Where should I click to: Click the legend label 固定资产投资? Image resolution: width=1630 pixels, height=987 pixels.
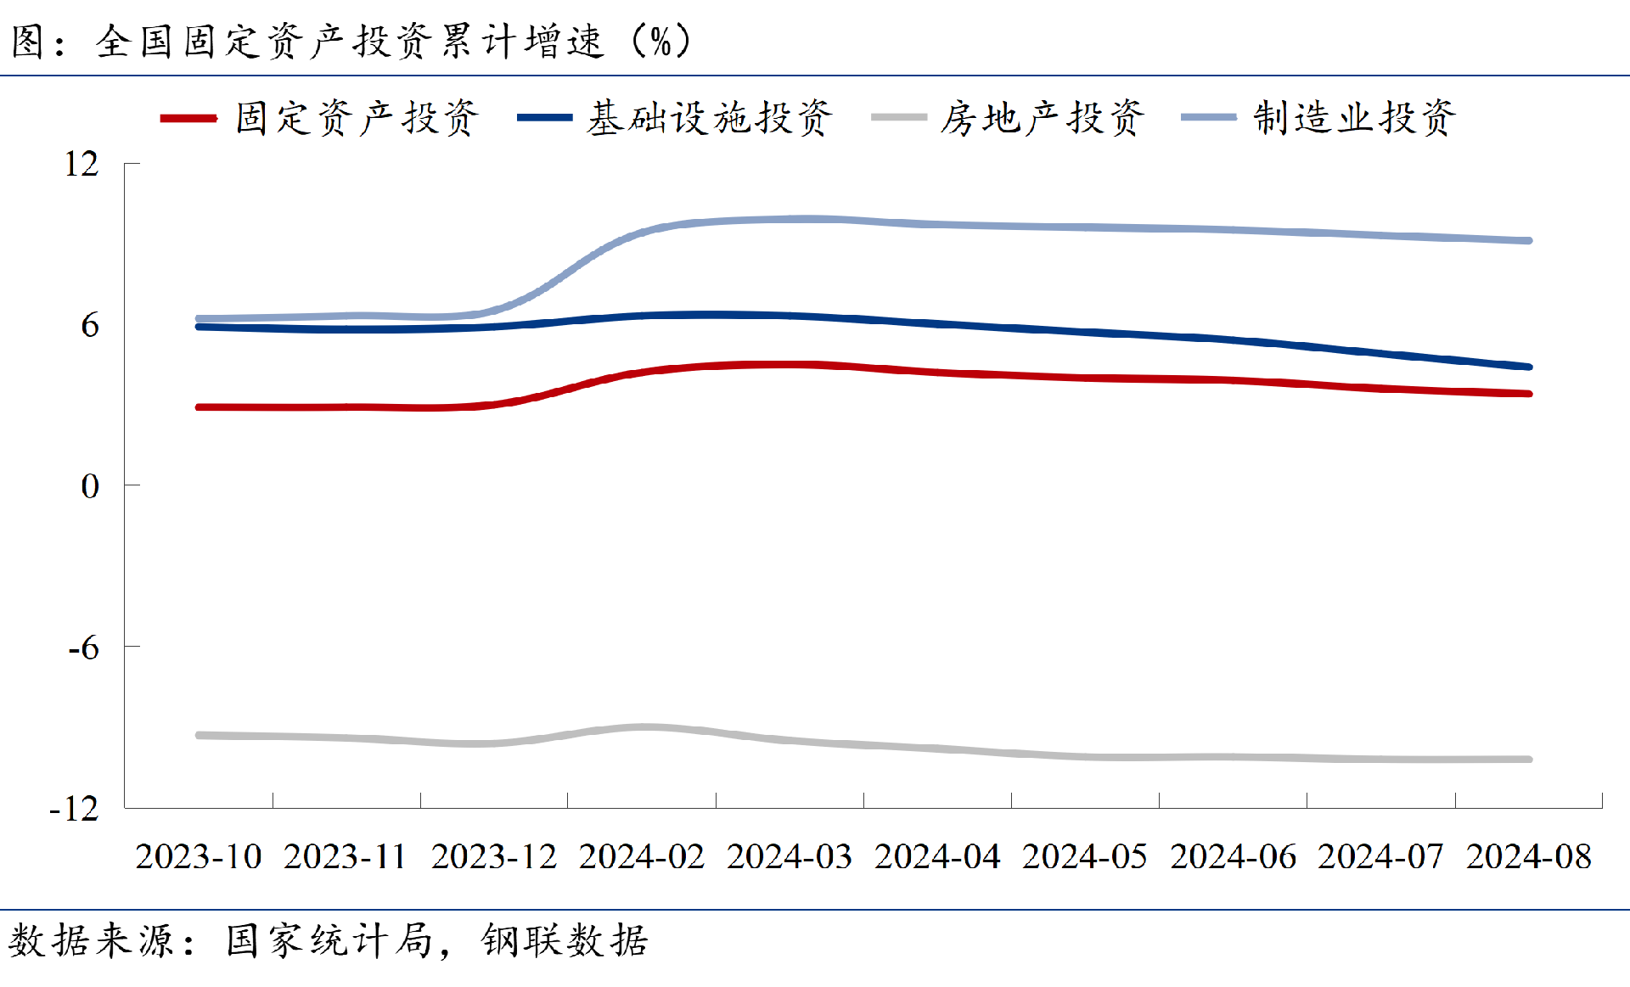357,118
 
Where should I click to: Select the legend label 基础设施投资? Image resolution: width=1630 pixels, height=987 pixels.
710,118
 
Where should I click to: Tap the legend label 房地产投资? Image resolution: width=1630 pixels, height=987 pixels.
1043,118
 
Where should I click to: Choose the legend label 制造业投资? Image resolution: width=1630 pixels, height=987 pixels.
1355,118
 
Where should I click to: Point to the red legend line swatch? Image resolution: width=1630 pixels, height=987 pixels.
188,118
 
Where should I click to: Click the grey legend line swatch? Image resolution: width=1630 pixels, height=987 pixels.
898,118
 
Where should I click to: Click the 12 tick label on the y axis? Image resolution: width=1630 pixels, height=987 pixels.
81,164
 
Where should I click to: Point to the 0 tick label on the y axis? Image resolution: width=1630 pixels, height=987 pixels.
90,486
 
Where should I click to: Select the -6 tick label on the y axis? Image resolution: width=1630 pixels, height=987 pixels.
84,648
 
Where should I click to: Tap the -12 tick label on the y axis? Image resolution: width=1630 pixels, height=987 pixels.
75,809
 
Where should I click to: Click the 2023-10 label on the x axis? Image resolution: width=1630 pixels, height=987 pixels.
199,856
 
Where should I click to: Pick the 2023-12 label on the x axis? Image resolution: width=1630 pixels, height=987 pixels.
494,856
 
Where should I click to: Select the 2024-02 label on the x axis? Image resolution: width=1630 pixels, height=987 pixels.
642,856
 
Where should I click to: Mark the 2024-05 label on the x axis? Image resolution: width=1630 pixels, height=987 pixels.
1085,856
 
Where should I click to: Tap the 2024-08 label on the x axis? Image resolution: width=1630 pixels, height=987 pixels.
1529,856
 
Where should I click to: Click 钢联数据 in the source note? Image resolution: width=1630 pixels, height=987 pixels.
565,941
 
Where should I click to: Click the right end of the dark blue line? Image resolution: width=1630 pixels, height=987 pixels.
1529,367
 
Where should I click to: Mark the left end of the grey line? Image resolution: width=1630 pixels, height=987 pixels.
199,735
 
